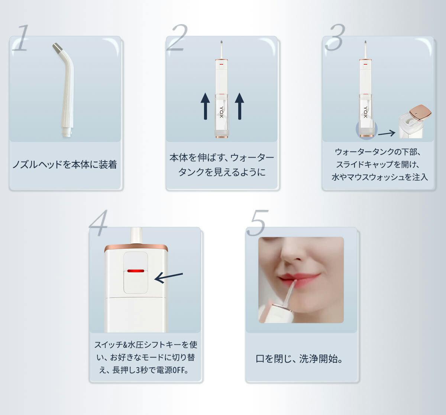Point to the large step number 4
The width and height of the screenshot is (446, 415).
click(98, 223)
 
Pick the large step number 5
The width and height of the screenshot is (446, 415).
click(257, 223)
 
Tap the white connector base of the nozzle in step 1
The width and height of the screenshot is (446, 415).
click(67, 132)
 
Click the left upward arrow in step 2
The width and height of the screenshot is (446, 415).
click(205, 106)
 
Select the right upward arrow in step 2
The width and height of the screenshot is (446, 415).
click(239, 106)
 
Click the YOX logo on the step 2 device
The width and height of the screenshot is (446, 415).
click(222, 112)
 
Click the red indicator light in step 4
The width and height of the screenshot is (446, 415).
click(136, 271)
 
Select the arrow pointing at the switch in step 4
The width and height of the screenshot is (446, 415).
click(169, 278)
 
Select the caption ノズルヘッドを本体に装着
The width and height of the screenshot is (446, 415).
click(65, 164)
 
